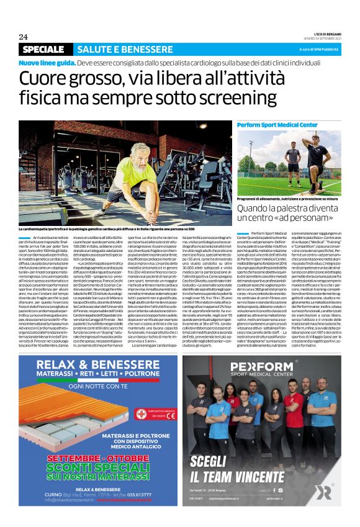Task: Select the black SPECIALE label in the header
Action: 47,48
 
